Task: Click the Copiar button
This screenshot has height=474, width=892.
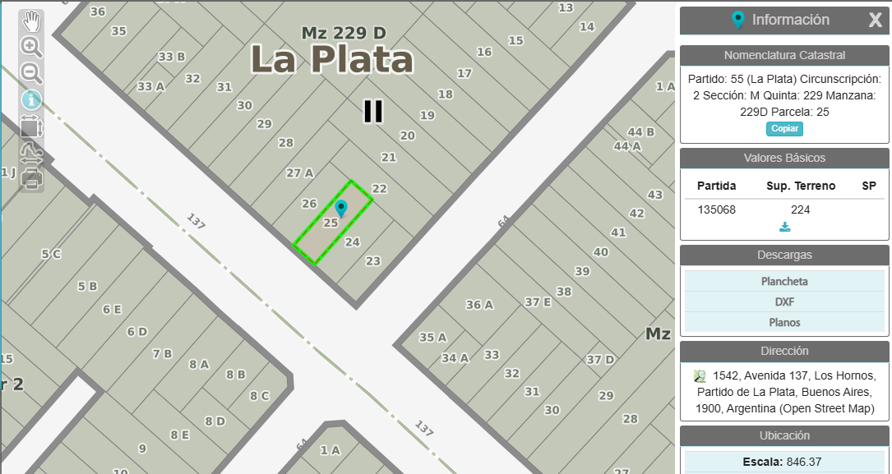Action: (x=784, y=129)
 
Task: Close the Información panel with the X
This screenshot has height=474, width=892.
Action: (x=876, y=21)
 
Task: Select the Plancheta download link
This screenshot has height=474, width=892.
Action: (x=783, y=281)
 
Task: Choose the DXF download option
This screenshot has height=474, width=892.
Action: (x=783, y=301)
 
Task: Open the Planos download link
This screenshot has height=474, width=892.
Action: (x=783, y=322)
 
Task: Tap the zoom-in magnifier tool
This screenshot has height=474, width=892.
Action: (x=31, y=46)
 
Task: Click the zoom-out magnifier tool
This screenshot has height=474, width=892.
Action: (x=31, y=73)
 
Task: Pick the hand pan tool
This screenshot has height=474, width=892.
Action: (x=31, y=20)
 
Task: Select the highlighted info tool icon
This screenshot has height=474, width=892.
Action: (x=31, y=100)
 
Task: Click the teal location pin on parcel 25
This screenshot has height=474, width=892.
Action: (x=341, y=208)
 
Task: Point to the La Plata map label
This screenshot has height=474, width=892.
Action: (x=331, y=60)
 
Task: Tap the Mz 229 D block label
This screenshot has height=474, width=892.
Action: (x=344, y=33)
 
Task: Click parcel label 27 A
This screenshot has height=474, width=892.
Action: (x=299, y=173)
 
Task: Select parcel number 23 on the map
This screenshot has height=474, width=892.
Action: (x=372, y=261)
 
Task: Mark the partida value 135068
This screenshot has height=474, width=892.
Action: (x=716, y=209)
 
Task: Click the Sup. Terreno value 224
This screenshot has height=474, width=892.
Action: (x=800, y=209)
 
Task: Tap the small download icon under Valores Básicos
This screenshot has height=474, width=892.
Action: (x=784, y=228)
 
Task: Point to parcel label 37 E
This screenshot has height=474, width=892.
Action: (x=538, y=302)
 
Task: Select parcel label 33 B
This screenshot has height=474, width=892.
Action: (x=171, y=57)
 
